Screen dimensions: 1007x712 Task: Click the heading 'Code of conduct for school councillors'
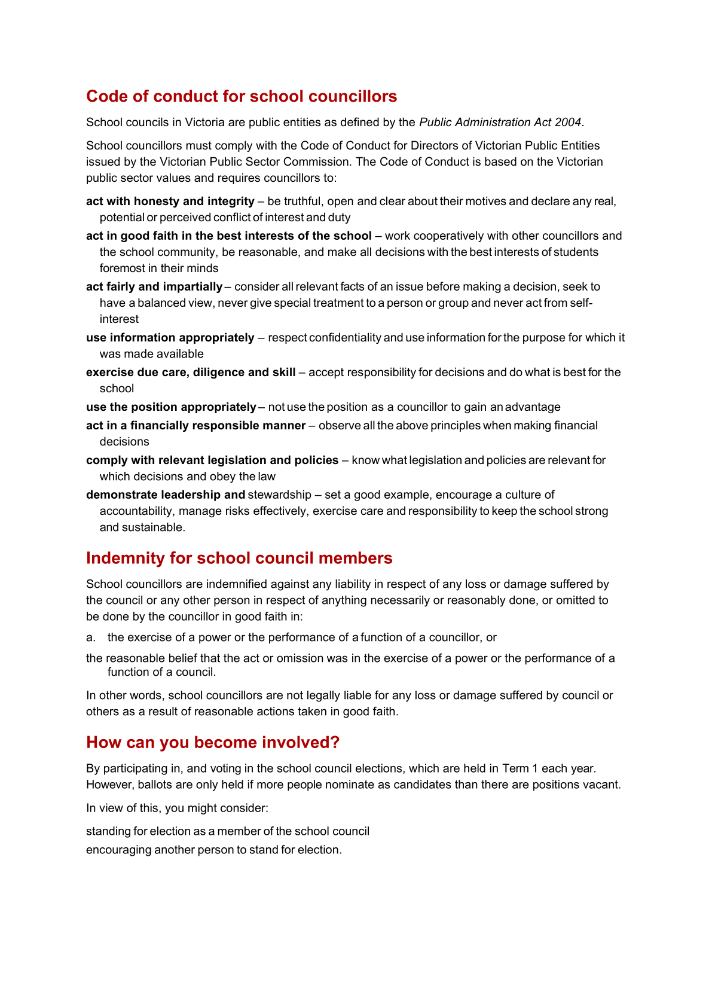click(x=242, y=96)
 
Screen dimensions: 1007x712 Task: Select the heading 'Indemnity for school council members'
click(x=239, y=558)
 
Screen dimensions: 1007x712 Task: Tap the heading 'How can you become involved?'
click(x=213, y=742)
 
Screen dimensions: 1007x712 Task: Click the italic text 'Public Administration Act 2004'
click(x=500, y=123)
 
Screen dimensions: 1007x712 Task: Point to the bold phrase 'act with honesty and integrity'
click(x=170, y=202)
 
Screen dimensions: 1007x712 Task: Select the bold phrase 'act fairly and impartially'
click(x=154, y=287)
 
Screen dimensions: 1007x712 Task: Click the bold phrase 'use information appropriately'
click(x=170, y=338)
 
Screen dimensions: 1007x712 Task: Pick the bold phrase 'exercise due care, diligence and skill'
click(x=191, y=373)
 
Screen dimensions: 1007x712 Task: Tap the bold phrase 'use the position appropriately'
click(x=171, y=407)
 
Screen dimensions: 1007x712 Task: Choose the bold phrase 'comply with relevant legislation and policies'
click(x=212, y=460)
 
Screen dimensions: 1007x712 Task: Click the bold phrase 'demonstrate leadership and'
click(x=166, y=495)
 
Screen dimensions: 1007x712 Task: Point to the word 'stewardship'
click(x=279, y=495)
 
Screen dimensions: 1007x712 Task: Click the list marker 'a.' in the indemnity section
click(x=91, y=637)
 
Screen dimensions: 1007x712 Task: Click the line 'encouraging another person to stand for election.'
click(x=214, y=850)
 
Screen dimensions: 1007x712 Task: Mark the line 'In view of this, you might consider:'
click(x=177, y=808)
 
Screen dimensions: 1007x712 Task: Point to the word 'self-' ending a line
click(x=581, y=303)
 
